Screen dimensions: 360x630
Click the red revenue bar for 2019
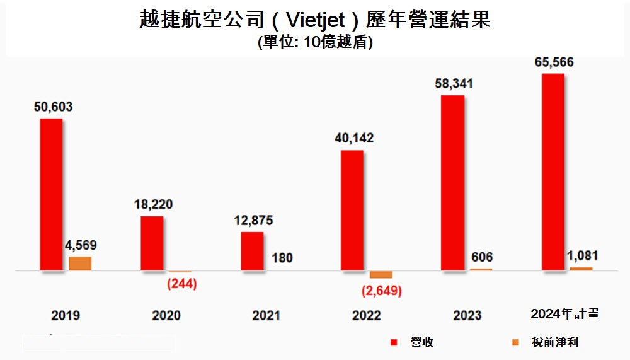(x=51, y=194)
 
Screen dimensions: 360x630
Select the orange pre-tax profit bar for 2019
(x=80, y=264)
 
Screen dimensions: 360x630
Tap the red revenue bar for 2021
(x=252, y=251)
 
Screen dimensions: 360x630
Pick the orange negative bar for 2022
(x=381, y=275)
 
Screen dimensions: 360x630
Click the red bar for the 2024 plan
(x=553, y=172)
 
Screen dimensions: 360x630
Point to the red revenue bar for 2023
(x=452, y=183)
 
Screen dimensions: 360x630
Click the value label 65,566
(x=554, y=62)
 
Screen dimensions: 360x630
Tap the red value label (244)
(x=181, y=284)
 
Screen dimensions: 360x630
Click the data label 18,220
(x=153, y=205)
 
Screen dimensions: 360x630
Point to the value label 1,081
(x=583, y=256)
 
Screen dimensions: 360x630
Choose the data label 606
(x=481, y=257)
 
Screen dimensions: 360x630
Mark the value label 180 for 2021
(x=282, y=258)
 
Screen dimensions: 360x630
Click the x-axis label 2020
(x=166, y=315)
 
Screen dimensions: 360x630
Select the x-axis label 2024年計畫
(x=564, y=314)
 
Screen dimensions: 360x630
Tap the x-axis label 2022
(x=367, y=315)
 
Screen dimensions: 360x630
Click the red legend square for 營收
(x=394, y=342)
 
